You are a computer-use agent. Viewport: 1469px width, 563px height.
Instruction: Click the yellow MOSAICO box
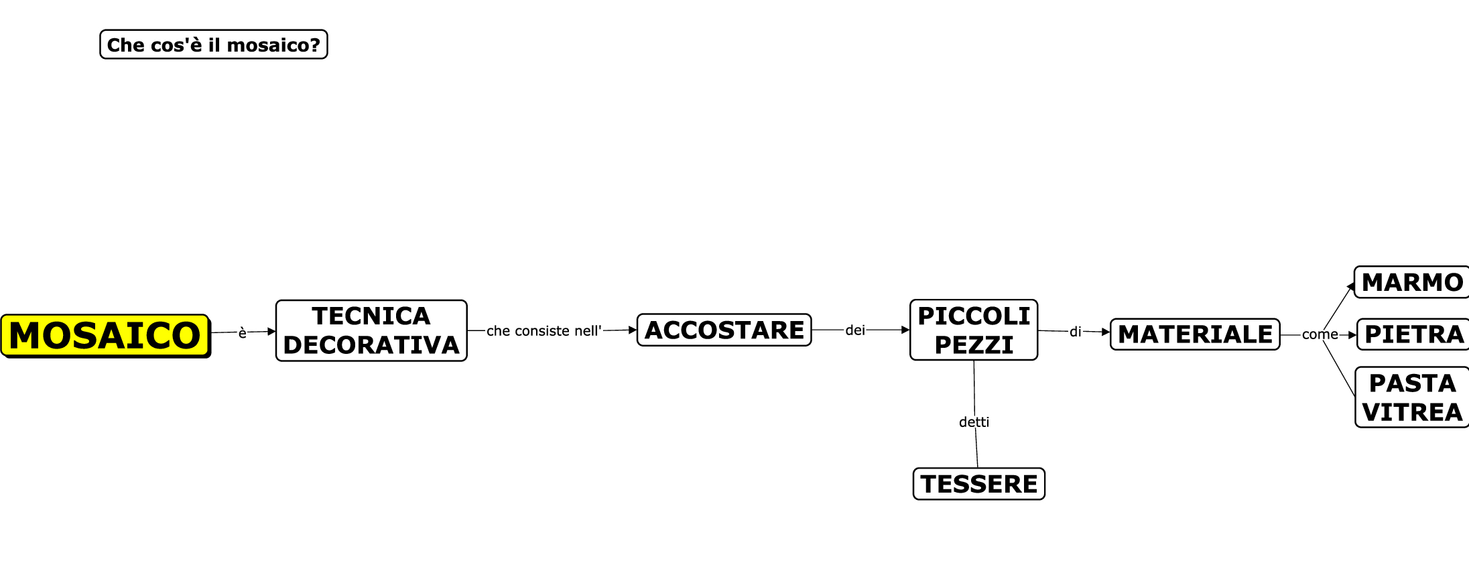click(x=105, y=335)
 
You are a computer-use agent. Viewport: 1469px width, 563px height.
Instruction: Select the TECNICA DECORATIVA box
click(x=371, y=330)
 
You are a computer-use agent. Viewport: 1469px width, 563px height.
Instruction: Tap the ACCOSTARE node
click(x=724, y=330)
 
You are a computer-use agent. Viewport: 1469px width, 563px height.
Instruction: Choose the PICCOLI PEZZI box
click(x=974, y=330)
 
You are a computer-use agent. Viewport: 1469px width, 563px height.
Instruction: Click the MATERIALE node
click(x=1195, y=334)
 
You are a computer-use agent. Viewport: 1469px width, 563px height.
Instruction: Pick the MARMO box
click(x=1412, y=282)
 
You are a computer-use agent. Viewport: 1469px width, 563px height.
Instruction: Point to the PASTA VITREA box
click(x=1412, y=397)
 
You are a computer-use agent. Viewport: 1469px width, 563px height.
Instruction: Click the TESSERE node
click(x=978, y=484)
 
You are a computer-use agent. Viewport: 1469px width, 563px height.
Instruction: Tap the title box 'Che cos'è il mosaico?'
click(x=213, y=45)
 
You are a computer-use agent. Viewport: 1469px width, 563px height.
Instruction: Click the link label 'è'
click(x=243, y=332)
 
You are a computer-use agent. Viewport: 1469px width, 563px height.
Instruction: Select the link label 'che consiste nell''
click(x=544, y=330)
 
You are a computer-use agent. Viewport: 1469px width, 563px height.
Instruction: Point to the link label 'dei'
click(x=855, y=330)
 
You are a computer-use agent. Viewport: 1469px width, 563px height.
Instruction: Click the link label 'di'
click(x=1075, y=332)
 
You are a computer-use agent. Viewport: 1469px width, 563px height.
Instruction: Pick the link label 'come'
click(x=1320, y=334)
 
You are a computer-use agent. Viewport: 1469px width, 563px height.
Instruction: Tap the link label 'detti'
click(x=974, y=422)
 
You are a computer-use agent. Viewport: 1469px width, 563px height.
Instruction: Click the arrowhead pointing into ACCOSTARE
click(x=633, y=330)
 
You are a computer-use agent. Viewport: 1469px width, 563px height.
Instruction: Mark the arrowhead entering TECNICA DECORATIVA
click(x=271, y=331)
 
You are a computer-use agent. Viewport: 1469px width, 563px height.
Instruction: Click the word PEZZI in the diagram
click(x=974, y=345)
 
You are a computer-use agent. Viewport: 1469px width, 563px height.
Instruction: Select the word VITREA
click(x=1412, y=412)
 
